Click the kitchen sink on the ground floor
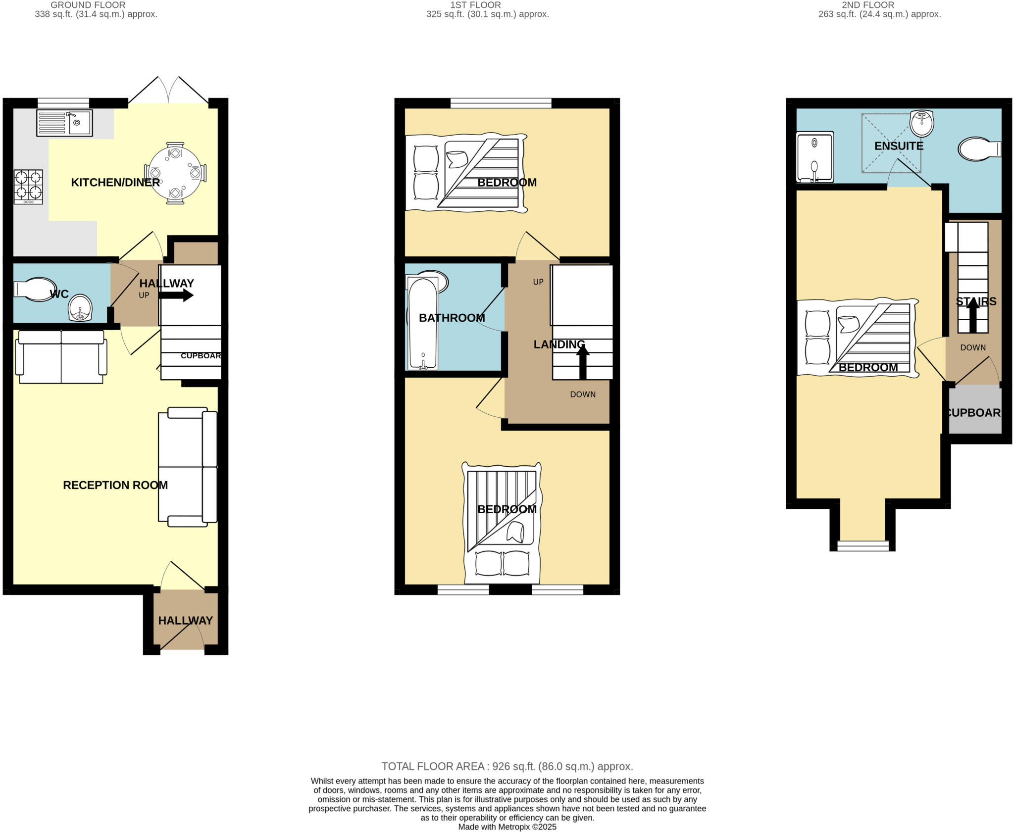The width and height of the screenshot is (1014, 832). tap(64, 123)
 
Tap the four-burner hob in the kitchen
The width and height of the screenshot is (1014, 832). tap(28, 187)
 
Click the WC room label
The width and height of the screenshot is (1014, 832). tap(59, 294)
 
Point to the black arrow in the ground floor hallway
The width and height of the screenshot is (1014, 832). tap(176, 295)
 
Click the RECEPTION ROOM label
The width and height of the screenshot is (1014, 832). tap(115, 485)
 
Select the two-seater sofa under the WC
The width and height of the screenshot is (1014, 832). tap(61, 357)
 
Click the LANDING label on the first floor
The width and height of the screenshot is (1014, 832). tap(559, 344)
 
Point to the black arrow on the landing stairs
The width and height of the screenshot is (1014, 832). tap(583, 362)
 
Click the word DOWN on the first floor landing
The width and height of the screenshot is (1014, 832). tap(583, 394)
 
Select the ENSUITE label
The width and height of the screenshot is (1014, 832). tap(899, 146)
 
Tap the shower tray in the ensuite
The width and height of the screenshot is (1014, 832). tap(814, 156)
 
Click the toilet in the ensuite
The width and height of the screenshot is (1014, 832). tap(978, 149)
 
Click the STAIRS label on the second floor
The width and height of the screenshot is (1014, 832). tap(976, 301)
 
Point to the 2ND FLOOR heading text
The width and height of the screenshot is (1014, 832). tap(867, 5)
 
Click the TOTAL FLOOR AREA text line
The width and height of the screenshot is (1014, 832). tap(507, 767)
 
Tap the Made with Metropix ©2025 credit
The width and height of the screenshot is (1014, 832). tap(507, 827)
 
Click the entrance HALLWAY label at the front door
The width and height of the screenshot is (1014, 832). tap(185, 621)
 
